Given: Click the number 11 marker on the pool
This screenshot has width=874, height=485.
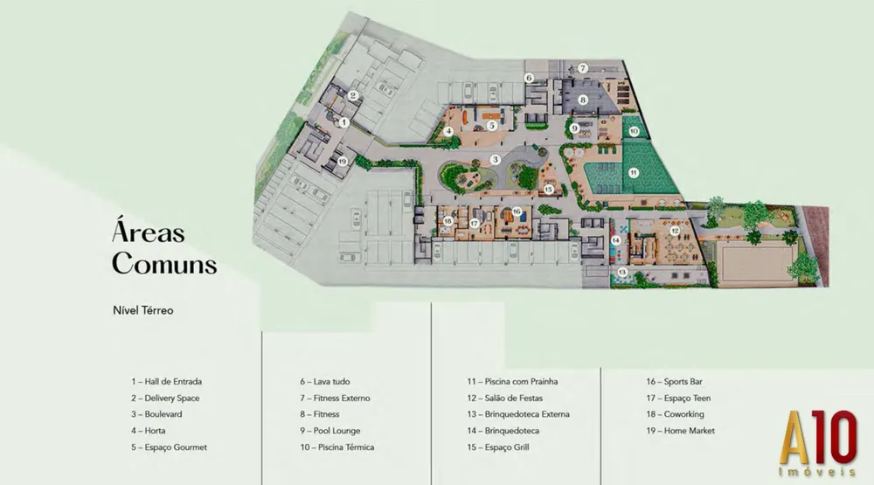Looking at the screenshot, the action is coord(633,173).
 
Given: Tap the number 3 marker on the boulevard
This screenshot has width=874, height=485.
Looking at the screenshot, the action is coord(495,160).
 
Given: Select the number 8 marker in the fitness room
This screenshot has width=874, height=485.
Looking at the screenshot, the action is coord(582,100).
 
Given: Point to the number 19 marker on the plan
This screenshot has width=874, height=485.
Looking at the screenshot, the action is coord(343,161).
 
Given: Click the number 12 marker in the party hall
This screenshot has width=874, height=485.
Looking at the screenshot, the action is coord(675,230).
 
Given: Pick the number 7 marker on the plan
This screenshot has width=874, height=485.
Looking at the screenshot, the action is coord(582,68).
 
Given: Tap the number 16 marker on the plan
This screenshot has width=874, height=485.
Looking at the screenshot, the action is coord(517,211).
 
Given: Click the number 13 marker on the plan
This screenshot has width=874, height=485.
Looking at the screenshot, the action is coord(622,272).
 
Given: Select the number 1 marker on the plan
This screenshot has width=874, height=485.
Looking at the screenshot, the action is coord(343,122).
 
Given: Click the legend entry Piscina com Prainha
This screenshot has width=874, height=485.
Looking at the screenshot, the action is coord(512,382).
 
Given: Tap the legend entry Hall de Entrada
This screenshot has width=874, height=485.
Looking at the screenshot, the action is coord(167,382).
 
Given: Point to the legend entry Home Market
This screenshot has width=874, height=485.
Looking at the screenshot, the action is coord(681,431).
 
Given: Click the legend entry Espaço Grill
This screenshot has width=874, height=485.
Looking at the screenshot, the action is coord(498,447).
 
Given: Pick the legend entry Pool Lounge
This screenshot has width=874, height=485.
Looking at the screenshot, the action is coord(330,431).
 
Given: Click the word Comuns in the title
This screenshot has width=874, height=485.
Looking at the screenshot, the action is coord(164,263).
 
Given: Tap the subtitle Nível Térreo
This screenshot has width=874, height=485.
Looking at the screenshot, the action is coord(143,310).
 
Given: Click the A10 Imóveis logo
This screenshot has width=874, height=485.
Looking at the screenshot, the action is coord(818,443).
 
